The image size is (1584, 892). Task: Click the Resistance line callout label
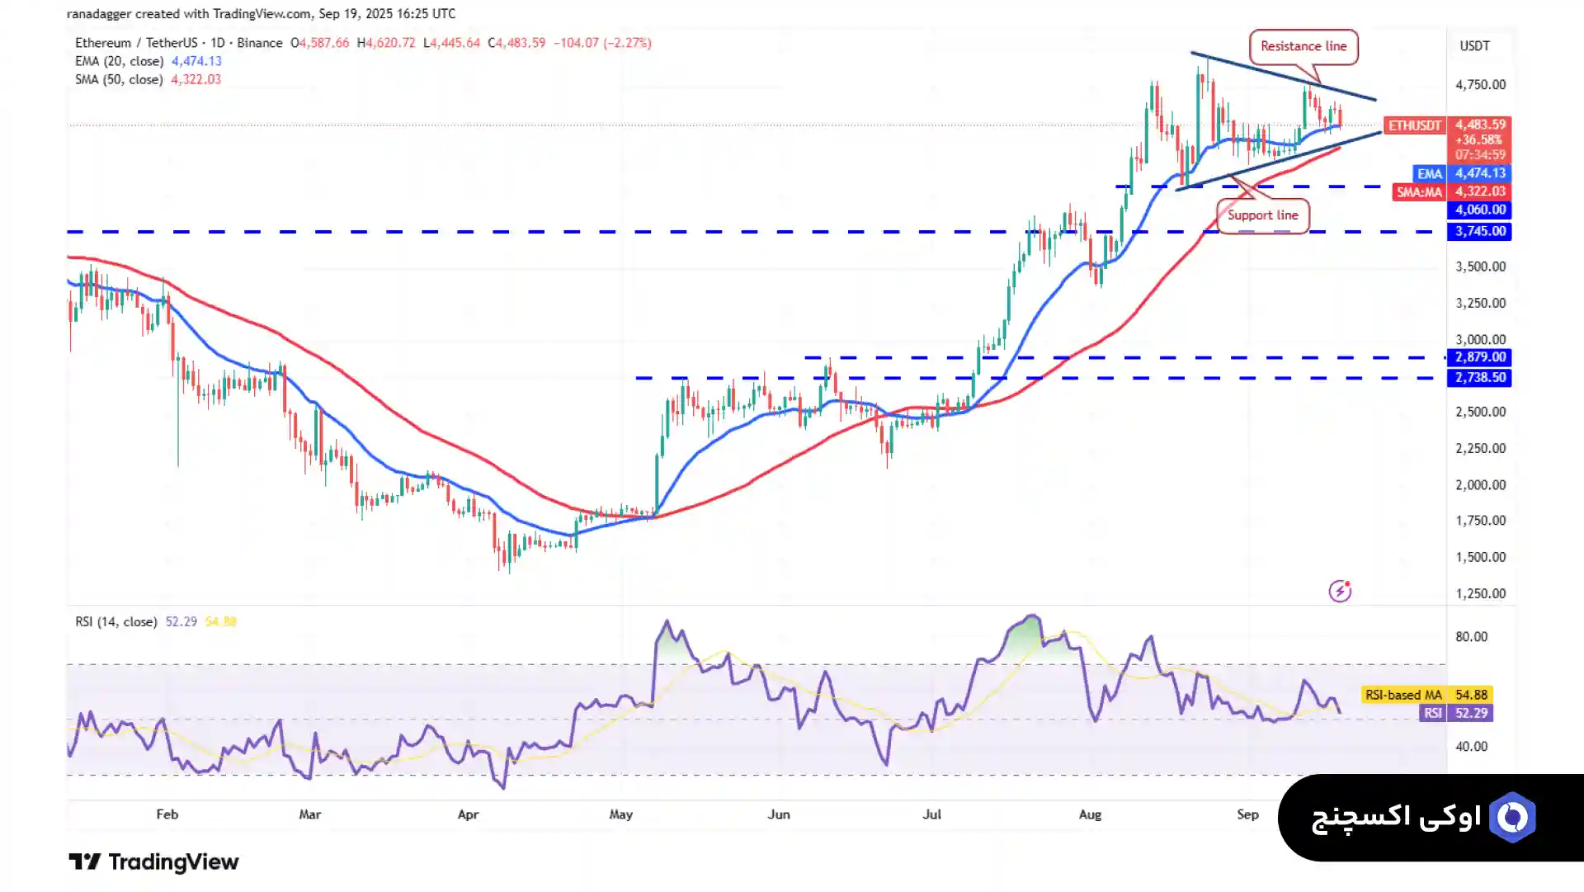[1303, 46]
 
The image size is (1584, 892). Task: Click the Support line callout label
[1262, 215]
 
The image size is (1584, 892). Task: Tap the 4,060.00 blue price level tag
[1480, 210]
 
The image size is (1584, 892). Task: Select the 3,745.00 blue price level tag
[1480, 231]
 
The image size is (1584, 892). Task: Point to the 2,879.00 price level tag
[1480, 357]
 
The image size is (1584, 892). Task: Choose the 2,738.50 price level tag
[1480, 377]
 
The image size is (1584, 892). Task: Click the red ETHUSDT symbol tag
[1414, 125]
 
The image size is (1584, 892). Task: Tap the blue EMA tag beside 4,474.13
[1429, 173]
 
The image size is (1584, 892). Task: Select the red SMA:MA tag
[1419, 192]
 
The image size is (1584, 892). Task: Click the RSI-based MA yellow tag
[1402, 695]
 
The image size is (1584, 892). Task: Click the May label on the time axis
[620, 814]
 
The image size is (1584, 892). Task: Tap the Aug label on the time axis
[1090, 814]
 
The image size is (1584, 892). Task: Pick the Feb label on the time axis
[167, 814]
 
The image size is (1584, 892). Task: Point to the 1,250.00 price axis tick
[1480, 593]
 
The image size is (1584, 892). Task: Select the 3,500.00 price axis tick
[1480, 267]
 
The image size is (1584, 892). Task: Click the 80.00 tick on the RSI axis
[1471, 636]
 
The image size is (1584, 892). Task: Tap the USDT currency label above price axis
[1474, 46]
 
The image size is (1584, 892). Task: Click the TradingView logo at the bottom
[153, 862]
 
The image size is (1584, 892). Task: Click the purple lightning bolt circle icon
[1340, 591]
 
